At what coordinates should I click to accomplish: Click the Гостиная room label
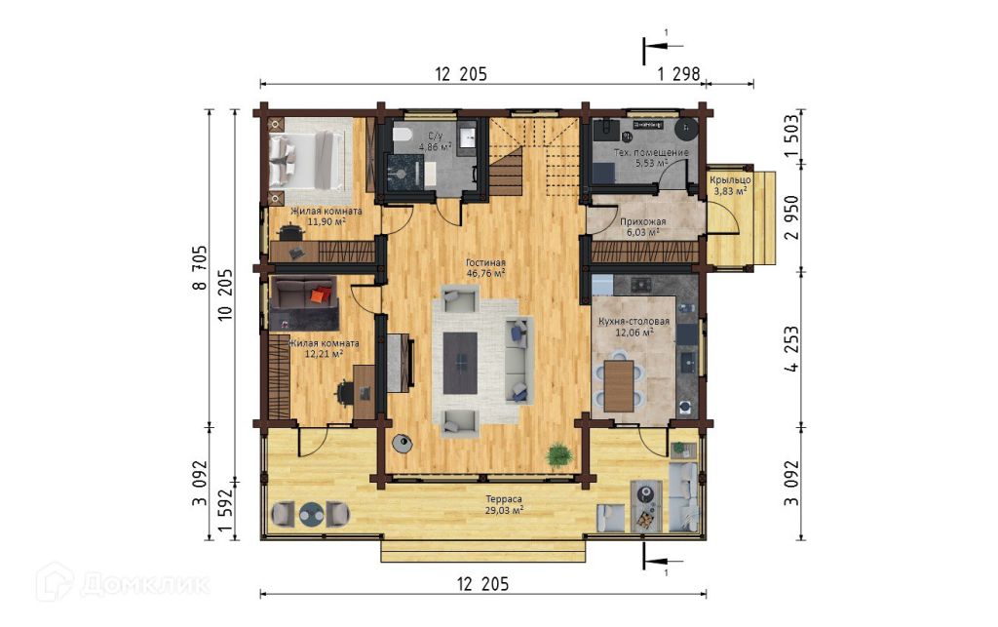tap(485, 262)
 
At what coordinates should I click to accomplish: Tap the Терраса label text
tap(504, 499)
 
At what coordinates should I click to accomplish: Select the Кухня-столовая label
tap(633, 322)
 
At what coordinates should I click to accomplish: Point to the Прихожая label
tap(643, 221)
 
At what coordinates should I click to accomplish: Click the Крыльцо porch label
tap(730, 180)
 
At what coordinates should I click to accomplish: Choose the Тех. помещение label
tap(651, 153)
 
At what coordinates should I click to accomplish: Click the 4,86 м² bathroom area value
tap(436, 146)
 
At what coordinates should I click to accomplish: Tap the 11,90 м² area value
tap(326, 221)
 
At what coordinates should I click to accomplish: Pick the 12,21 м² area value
tap(324, 354)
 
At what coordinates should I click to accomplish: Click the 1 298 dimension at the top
tap(678, 74)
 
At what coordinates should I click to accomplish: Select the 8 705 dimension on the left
tap(200, 267)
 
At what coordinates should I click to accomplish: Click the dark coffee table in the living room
tap(460, 363)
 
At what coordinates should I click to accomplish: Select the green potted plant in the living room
tap(558, 455)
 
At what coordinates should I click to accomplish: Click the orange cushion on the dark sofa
tap(320, 294)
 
